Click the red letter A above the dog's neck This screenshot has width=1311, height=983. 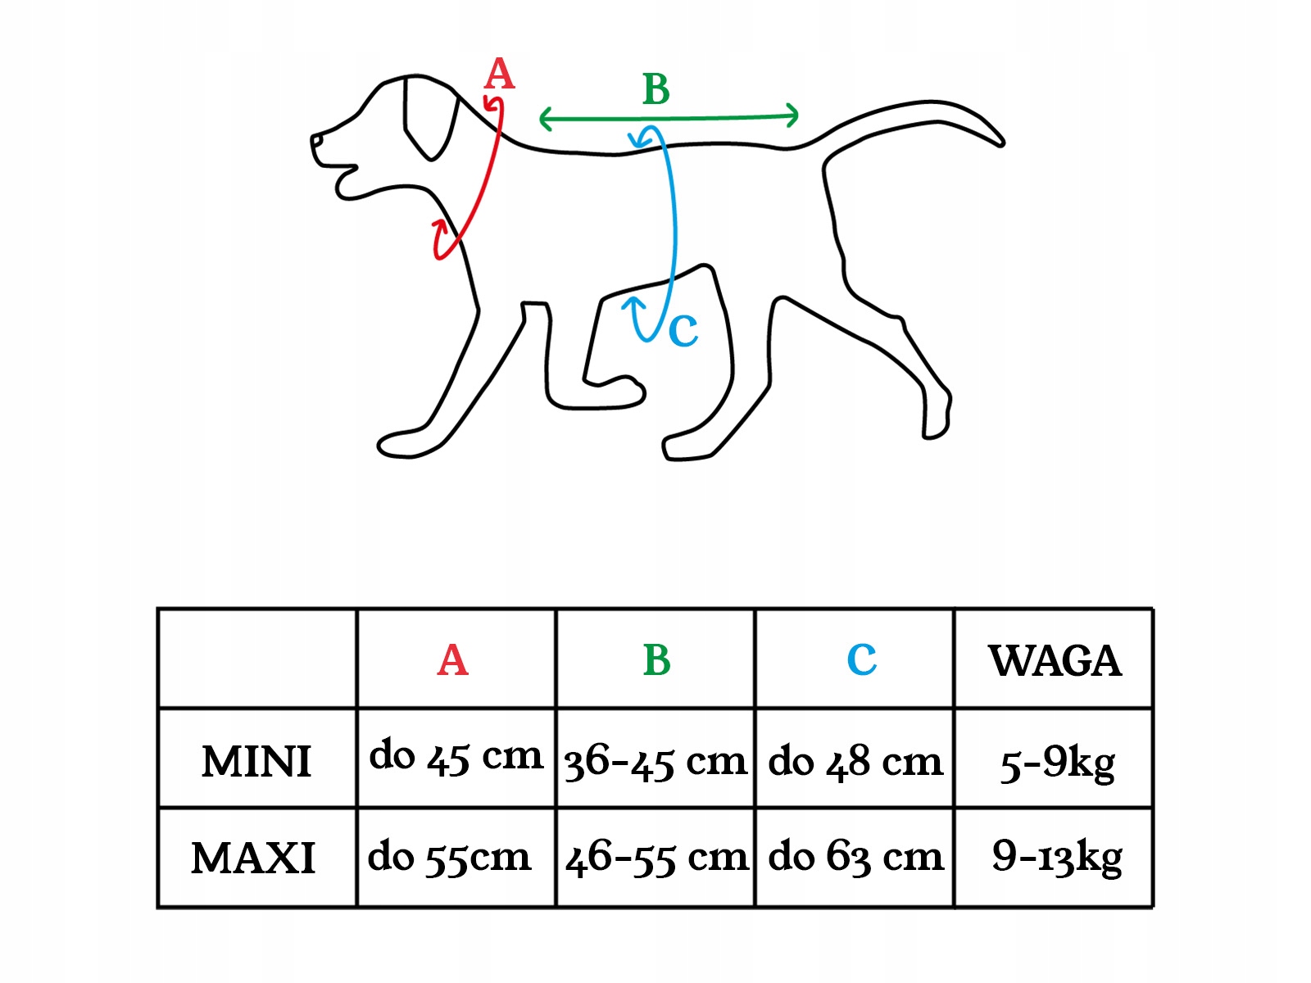[499, 75]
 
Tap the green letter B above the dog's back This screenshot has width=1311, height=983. [656, 90]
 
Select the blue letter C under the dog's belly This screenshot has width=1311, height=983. [683, 332]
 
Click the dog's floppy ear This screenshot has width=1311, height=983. [428, 119]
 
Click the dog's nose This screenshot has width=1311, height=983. [316, 142]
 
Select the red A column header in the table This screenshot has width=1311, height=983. [453, 660]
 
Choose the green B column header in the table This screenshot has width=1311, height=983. [656, 660]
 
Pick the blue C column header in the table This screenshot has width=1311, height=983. [861, 660]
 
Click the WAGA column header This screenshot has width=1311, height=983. [1055, 661]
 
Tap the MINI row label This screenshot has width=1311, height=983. [256, 761]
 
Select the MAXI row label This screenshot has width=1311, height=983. [253, 858]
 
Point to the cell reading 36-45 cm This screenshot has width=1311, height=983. [655, 762]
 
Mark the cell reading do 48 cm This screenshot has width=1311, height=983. [855, 762]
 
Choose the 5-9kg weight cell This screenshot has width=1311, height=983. [1057, 763]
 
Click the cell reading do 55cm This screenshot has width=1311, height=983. [450, 858]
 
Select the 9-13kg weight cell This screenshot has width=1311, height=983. [1057, 858]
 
